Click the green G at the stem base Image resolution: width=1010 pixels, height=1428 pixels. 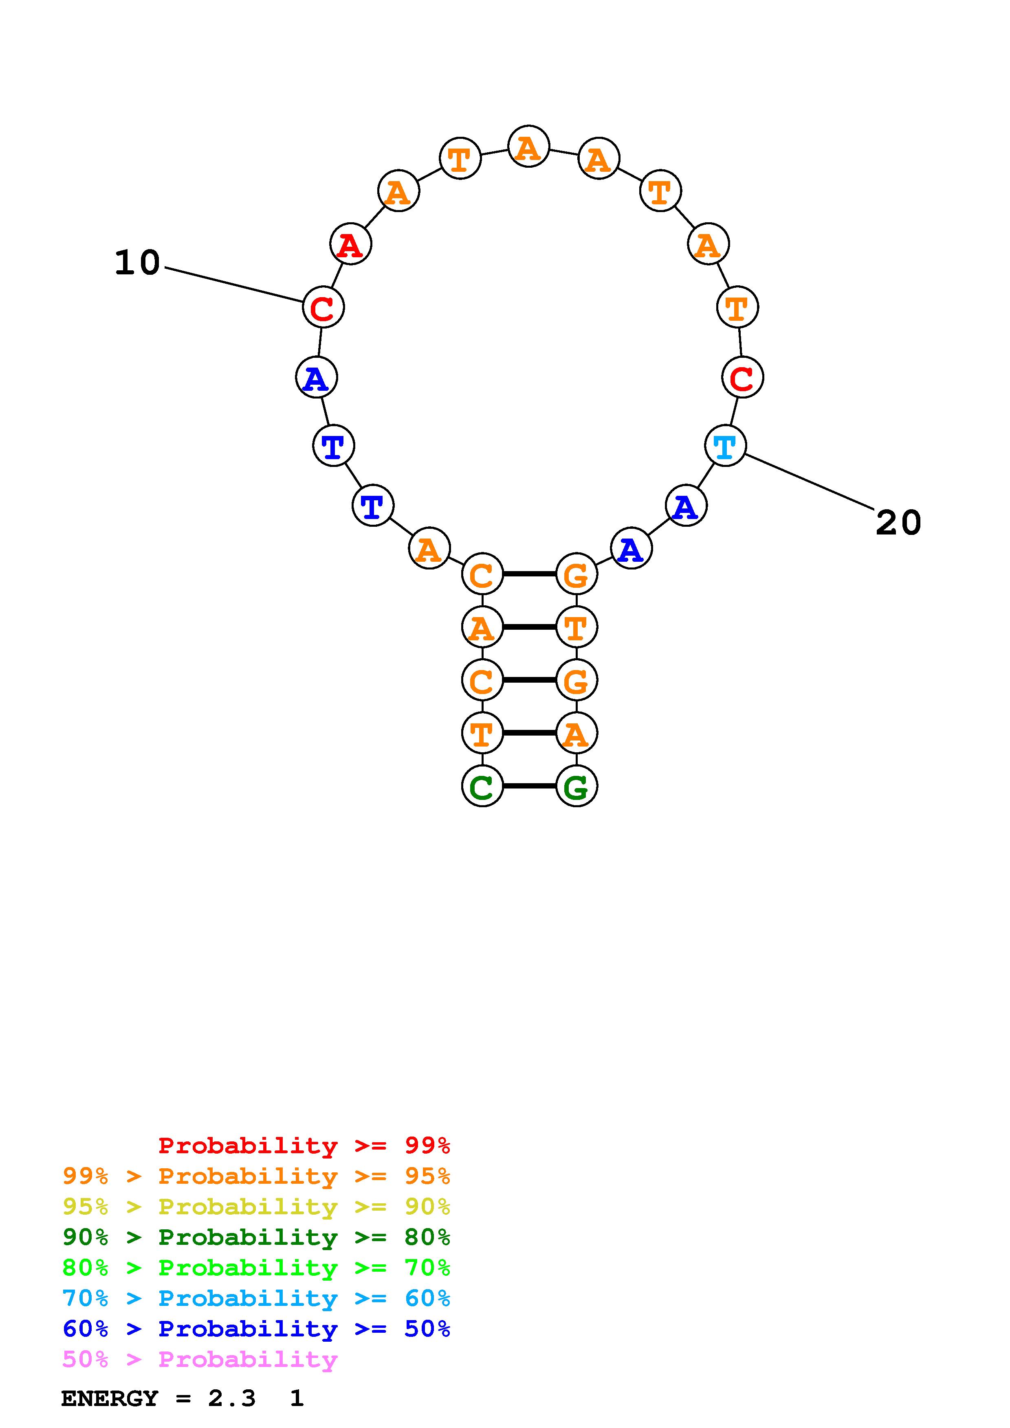(x=576, y=786)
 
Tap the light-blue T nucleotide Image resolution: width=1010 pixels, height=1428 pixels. (x=725, y=445)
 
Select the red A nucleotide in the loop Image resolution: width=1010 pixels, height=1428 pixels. (x=350, y=244)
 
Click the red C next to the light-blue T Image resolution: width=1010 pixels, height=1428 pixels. (x=742, y=377)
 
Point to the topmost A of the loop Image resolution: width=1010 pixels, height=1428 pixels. (x=528, y=147)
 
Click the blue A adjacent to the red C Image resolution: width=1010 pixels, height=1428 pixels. (x=316, y=377)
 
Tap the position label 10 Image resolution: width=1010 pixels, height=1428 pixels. (x=137, y=263)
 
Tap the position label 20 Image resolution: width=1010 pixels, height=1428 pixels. (x=898, y=522)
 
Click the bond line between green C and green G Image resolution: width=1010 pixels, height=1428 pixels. (x=529, y=786)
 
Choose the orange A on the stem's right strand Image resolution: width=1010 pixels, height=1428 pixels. (x=576, y=733)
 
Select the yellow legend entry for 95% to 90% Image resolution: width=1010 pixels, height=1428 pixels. (x=256, y=1207)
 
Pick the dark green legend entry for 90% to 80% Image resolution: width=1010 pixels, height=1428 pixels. (x=256, y=1237)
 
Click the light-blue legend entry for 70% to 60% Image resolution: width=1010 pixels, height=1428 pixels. (x=256, y=1298)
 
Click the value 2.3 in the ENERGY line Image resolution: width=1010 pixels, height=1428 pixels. (x=231, y=1398)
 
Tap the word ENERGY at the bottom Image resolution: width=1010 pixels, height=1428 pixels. (x=110, y=1398)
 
